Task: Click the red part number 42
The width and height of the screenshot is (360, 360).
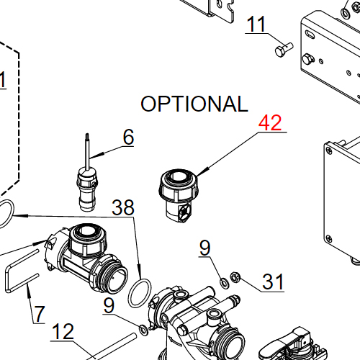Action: point(271,122)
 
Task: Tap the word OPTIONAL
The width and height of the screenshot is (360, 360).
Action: point(194,104)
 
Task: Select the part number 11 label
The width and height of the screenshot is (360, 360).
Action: point(256,24)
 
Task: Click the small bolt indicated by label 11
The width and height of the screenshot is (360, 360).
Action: point(283,50)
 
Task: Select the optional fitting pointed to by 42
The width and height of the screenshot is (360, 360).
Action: point(178,192)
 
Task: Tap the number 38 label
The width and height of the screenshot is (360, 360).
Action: point(122,209)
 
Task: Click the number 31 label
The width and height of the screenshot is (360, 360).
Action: point(272,282)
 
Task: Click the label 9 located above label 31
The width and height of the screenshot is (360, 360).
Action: point(205,248)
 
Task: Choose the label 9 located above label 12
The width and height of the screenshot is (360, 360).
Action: point(108,305)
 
